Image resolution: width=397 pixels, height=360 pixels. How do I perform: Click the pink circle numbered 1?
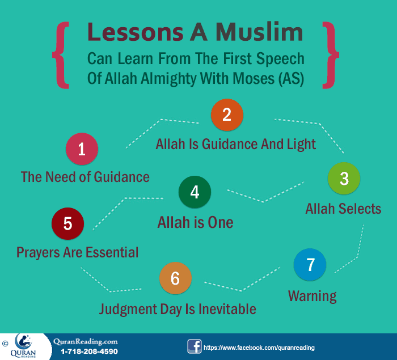tap(82, 149)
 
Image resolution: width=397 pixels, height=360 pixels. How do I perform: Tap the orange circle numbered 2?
tap(227, 115)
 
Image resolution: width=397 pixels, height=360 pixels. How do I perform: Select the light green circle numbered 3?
tap(344, 179)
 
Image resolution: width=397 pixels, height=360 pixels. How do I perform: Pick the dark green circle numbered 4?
tap(195, 192)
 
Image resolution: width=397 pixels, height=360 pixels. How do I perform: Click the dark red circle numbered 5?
tap(67, 223)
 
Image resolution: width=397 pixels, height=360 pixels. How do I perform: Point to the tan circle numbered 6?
tap(175, 278)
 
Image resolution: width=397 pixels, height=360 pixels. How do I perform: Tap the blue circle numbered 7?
tap(310, 265)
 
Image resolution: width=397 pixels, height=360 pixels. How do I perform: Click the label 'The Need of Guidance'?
tap(85, 177)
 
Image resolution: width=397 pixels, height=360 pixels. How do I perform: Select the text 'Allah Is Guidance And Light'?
tap(236, 144)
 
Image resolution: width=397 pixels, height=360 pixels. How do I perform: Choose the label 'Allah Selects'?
tap(343, 209)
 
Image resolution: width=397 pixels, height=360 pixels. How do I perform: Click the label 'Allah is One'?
tap(195, 222)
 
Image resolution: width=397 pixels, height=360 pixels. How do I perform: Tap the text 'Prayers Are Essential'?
tap(77, 252)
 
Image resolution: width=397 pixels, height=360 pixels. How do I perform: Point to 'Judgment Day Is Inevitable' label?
tap(178, 309)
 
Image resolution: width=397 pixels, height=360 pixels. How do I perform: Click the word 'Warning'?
tap(312, 295)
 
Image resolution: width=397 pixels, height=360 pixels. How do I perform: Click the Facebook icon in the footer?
tap(194, 346)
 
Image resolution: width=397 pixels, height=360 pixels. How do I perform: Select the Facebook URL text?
tap(259, 347)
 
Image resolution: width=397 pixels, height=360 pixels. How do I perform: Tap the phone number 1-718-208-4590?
tap(89, 351)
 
